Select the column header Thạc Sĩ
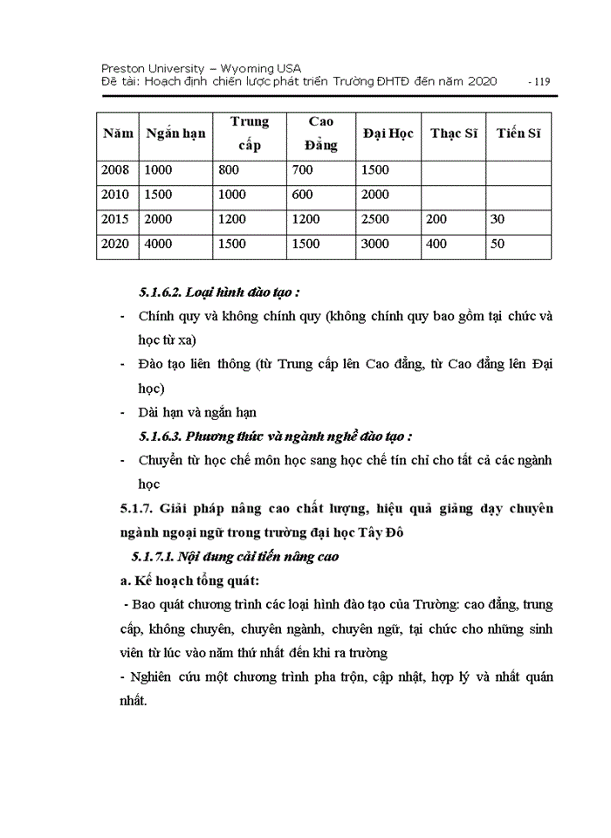tap(453, 134)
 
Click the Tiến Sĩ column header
tap(518, 134)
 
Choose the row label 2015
tap(115, 220)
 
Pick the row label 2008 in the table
tap(115, 170)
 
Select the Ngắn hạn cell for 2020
tap(159, 244)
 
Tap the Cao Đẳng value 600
tap(303, 195)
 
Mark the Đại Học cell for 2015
tap(375, 220)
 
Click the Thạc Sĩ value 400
tap(436, 244)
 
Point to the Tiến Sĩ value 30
tap(498, 220)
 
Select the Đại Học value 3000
tap(375, 244)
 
